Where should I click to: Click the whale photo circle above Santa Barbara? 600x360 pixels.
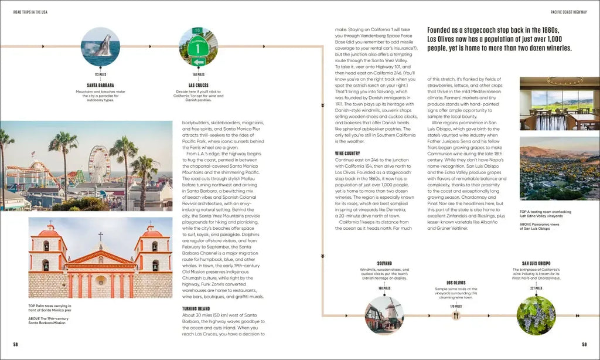click(100, 46)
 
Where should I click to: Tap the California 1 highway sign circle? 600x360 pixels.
click(198, 46)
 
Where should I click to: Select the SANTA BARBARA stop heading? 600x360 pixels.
click(100, 85)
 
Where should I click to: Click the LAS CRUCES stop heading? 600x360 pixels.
click(198, 85)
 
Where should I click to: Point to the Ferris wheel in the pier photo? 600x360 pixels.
click(99, 164)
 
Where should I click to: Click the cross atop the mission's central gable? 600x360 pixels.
click(101, 237)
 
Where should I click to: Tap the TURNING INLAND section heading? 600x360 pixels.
click(196, 308)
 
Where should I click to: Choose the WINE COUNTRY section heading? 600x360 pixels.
click(347, 154)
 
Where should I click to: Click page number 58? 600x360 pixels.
click(16, 344)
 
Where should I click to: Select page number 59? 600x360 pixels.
click(584, 344)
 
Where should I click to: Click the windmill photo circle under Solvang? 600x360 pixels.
click(384, 315)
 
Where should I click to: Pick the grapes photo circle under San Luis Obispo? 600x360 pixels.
click(536, 315)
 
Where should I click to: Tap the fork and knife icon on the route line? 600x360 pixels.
click(456, 315)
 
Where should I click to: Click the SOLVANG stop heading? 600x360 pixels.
click(384, 264)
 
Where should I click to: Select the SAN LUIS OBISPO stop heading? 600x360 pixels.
click(536, 264)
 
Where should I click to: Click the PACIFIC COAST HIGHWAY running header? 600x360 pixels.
click(569, 12)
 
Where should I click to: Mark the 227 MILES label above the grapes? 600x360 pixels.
click(536, 288)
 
